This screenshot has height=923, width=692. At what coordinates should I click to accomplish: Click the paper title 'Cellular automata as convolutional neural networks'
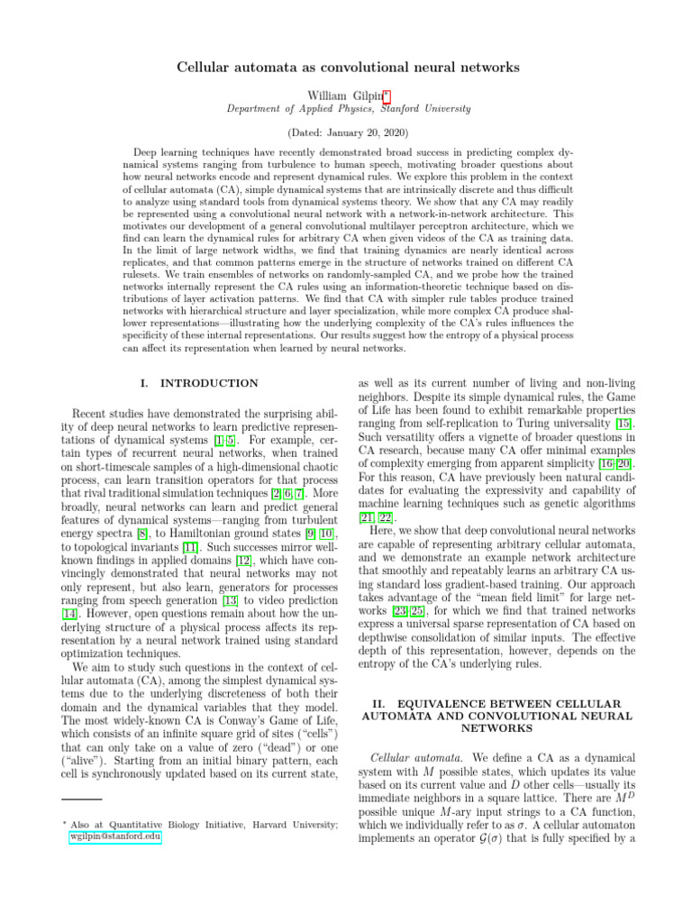(346, 68)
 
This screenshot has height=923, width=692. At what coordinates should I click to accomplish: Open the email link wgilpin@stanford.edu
(115, 836)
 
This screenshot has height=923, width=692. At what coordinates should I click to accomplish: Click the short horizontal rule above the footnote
(81, 799)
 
